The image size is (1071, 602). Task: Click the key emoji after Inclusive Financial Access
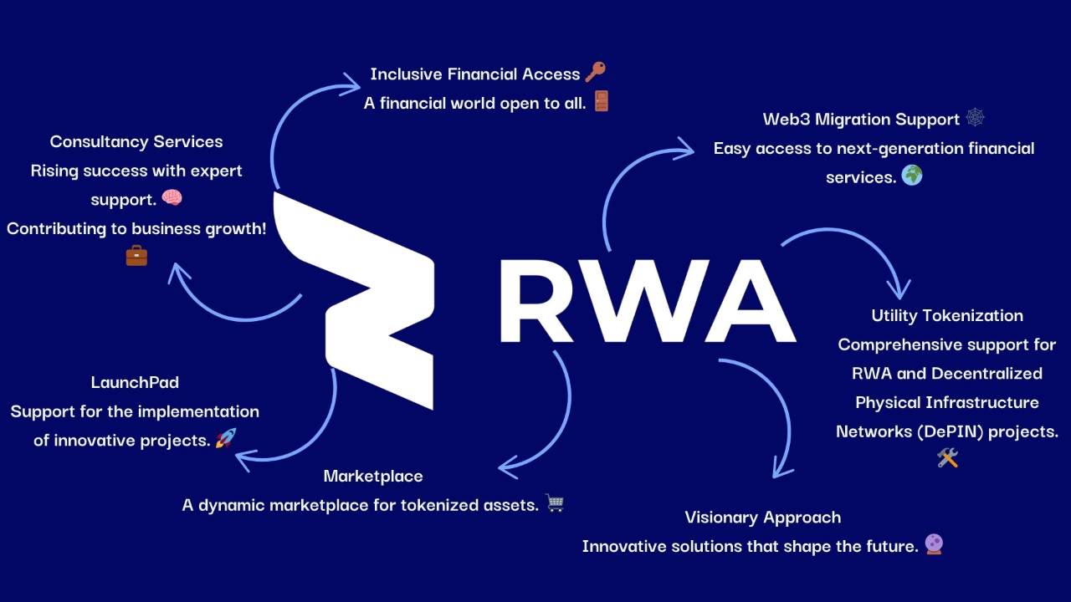pyautogui.click(x=595, y=73)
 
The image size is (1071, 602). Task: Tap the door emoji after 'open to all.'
pyautogui.click(x=601, y=102)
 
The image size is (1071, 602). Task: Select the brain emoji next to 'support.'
pyautogui.click(x=172, y=198)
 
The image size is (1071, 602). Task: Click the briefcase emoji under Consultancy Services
pyautogui.click(x=136, y=255)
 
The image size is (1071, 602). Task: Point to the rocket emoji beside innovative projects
pyautogui.click(x=226, y=438)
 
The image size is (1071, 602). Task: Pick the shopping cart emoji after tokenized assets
pyautogui.click(x=555, y=503)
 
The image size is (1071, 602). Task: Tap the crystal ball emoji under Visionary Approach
pyautogui.click(x=934, y=544)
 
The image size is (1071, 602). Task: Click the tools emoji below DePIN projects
pyautogui.click(x=947, y=457)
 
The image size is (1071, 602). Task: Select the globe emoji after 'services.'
pyautogui.click(x=912, y=176)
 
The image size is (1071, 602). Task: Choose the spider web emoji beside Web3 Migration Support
pyautogui.click(x=975, y=118)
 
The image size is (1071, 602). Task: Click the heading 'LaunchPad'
pyautogui.click(x=135, y=382)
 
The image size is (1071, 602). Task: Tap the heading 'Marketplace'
pyautogui.click(x=373, y=476)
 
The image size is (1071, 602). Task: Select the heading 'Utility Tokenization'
pyautogui.click(x=947, y=315)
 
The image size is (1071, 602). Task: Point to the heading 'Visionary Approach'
pyautogui.click(x=762, y=517)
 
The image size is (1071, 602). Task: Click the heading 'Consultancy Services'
pyautogui.click(x=136, y=141)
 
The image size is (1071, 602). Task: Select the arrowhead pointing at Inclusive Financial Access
pyautogui.click(x=351, y=80)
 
